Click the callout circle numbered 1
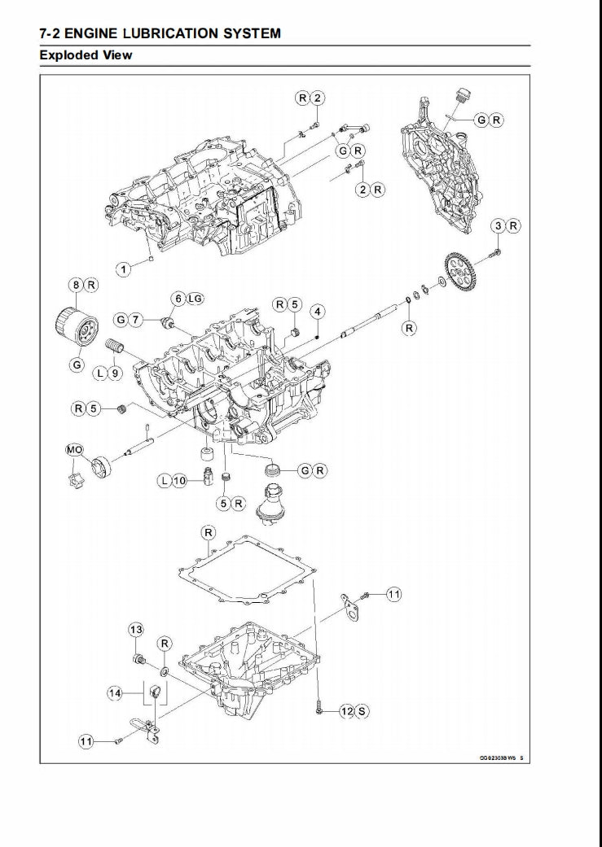click(x=123, y=269)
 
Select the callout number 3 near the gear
click(x=497, y=225)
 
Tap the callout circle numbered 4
click(x=318, y=311)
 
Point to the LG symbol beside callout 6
click(x=194, y=299)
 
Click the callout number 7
click(x=135, y=320)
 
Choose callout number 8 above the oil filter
click(x=76, y=285)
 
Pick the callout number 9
click(x=115, y=373)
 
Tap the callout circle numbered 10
click(x=180, y=481)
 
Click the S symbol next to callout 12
click(x=362, y=711)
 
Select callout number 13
click(x=136, y=630)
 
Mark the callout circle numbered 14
click(x=116, y=693)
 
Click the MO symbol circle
click(x=73, y=449)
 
